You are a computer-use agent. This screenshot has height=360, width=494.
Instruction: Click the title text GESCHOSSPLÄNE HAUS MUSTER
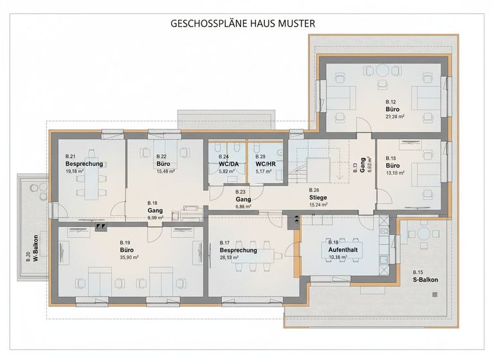[242, 23]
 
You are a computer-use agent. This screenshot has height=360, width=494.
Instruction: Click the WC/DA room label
[228, 164]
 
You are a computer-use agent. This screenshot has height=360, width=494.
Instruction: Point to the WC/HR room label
[265, 164]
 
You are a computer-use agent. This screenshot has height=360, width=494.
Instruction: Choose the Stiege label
[318, 198]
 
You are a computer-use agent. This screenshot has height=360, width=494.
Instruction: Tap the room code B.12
[390, 102]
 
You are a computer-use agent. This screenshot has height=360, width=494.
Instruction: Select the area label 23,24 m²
[395, 117]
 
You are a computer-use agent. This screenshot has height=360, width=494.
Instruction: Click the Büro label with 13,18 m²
[393, 165]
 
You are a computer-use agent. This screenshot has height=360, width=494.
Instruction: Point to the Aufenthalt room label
[342, 250]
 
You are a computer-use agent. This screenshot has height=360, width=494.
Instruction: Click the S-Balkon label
[424, 280]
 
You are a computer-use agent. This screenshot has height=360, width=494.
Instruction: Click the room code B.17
[224, 242]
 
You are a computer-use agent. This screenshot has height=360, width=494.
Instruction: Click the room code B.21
[71, 157]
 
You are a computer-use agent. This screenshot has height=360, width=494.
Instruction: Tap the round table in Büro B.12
[383, 70]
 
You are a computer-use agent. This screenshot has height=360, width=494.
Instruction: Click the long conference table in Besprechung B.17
[249, 265]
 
